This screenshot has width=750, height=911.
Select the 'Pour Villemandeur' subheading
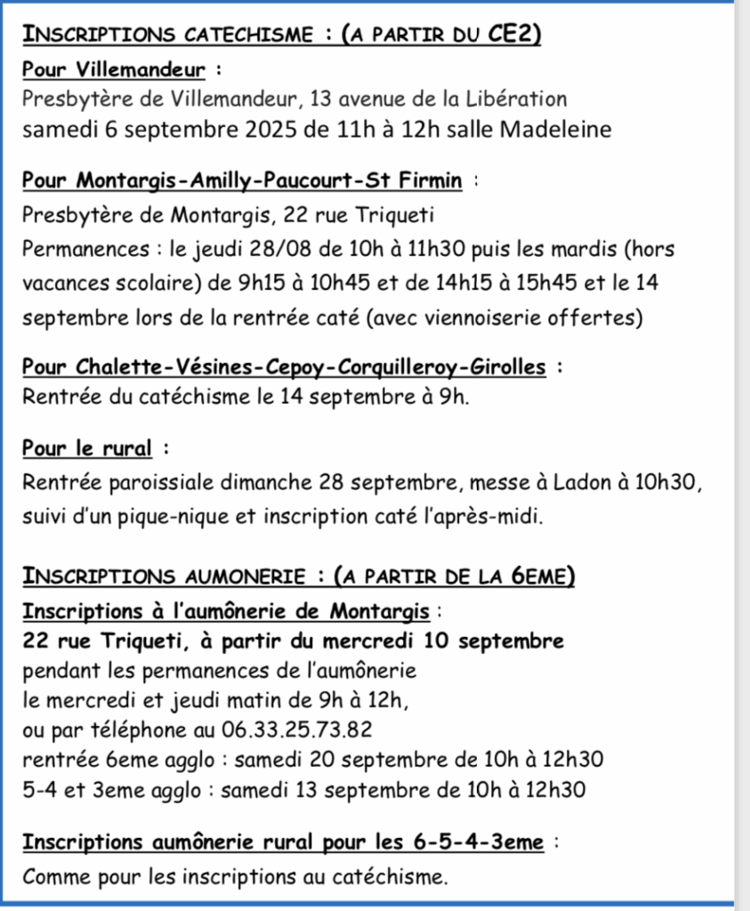tap(114, 69)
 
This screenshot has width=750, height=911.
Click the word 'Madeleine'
tap(557, 129)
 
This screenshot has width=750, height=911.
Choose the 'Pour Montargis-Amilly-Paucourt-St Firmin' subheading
tap(242, 181)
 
